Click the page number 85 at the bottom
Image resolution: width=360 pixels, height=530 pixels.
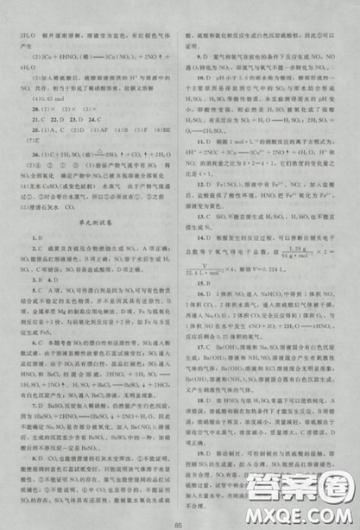180,517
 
